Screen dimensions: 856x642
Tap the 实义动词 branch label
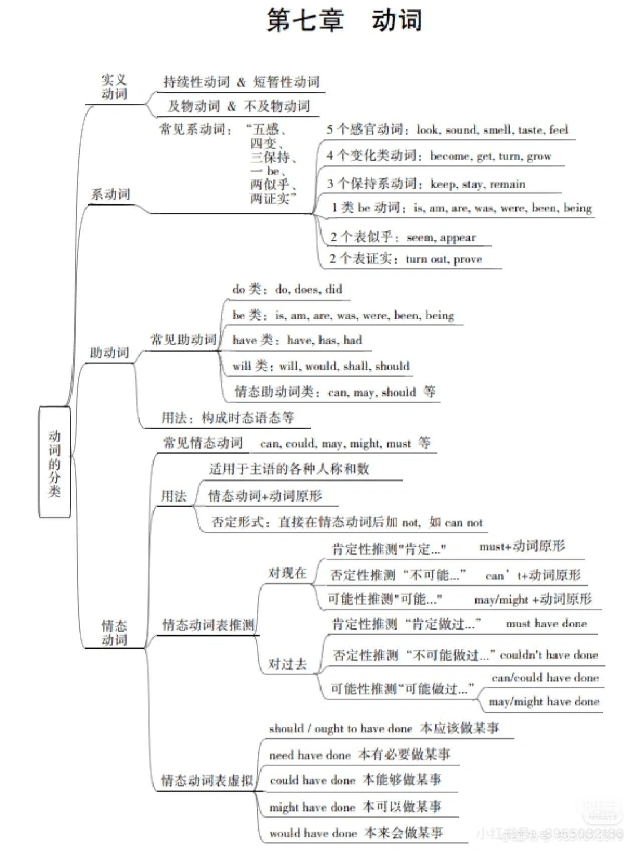[x=114, y=87]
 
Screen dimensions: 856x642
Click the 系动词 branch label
[x=110, y=194]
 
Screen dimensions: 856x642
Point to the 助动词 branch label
[x=109, y=353]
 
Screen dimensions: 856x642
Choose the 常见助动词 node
[x=183, y=340]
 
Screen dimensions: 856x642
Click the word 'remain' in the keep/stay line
[x=507, y=184]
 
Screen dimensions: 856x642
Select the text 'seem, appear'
[x=441, y=237]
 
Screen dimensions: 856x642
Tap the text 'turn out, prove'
[x=443, y=259]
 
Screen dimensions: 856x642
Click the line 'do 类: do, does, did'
[x=287, y=289]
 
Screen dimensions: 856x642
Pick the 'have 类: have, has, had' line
[x=297, y=340]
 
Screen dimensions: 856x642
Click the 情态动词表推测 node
[x=208, y=625]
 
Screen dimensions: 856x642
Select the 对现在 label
[x=287, y=573]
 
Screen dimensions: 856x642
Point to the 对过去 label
[x=287, y=664]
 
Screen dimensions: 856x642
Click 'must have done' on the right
[x=546, y=624]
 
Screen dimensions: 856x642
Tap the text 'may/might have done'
[x=544, y=701]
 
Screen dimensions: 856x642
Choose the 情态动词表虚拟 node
[x=207, y=781]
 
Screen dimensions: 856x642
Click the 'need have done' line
[x=359, y=755]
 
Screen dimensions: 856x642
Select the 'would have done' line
[x=356, y=833]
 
